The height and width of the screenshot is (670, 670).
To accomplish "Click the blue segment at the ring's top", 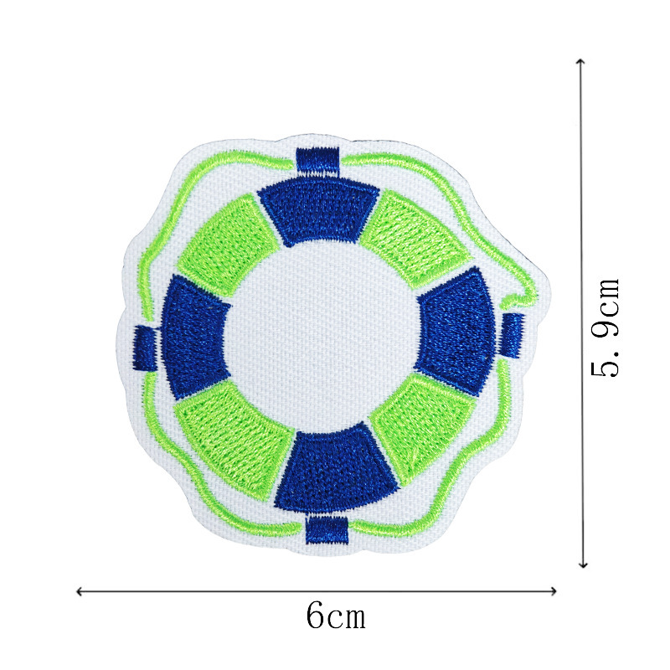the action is click(319, 210).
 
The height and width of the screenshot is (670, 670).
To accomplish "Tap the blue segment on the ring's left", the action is click(193, 338).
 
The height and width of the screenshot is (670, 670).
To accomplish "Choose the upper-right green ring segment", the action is click(415, 239).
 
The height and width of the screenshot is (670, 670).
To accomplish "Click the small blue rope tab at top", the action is click(317, 161).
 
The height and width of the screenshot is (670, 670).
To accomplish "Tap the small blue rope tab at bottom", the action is click(327, 529).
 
